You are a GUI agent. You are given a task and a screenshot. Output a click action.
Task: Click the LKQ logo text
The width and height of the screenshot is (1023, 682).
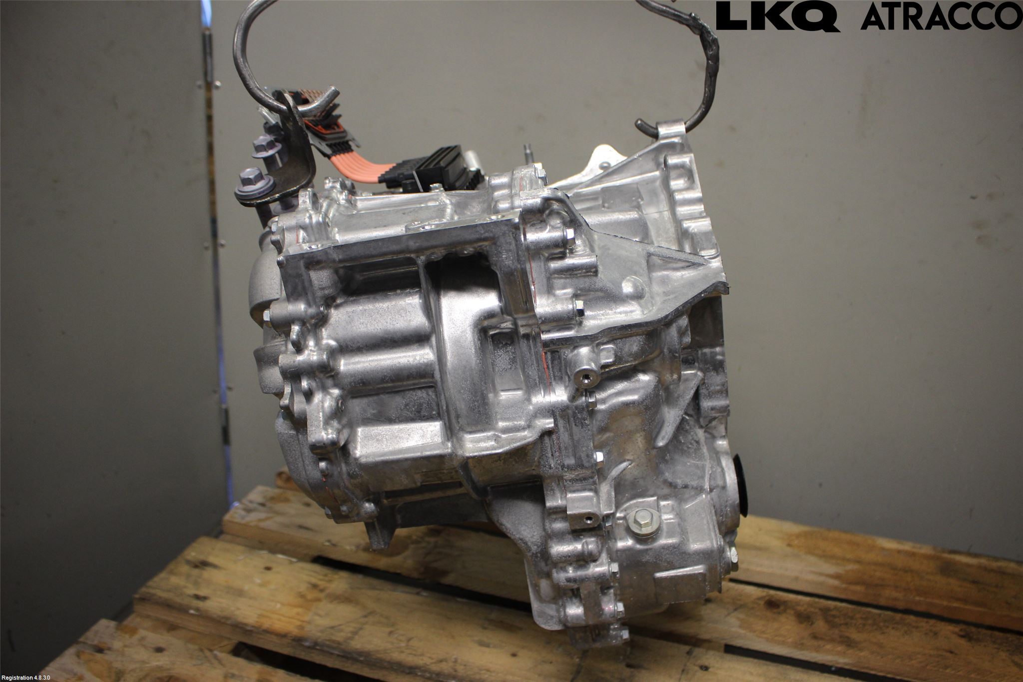778,16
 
